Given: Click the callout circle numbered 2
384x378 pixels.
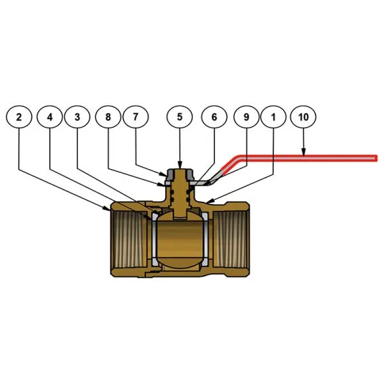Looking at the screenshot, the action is point(19,117).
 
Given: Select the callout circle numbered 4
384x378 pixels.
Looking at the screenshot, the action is point(50,117).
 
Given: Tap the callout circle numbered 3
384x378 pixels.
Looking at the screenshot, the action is point(77,117).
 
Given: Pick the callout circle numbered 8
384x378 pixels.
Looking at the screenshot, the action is point(108,117).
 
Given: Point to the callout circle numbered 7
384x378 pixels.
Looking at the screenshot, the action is point(136,117).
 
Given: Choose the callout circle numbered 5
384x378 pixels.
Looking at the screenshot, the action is point(179,117).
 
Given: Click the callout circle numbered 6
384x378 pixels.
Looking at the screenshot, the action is point(214,117).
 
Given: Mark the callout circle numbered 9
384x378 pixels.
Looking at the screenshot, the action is point(246,117).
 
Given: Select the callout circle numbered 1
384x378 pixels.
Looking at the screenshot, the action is point(273,117).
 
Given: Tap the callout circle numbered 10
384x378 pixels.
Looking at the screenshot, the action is point(303,117).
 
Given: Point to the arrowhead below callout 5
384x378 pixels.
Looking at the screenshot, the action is point(180,165).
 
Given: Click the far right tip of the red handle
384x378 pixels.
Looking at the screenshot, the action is point(377,158).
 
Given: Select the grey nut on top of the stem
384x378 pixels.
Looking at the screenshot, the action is point(180,174).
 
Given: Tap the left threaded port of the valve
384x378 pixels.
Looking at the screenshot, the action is point(129,239).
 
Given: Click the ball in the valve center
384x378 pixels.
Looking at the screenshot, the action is point(180,239).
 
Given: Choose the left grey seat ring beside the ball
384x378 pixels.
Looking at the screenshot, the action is point(154,239).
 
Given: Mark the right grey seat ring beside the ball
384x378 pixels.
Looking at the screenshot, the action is point(205,239).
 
